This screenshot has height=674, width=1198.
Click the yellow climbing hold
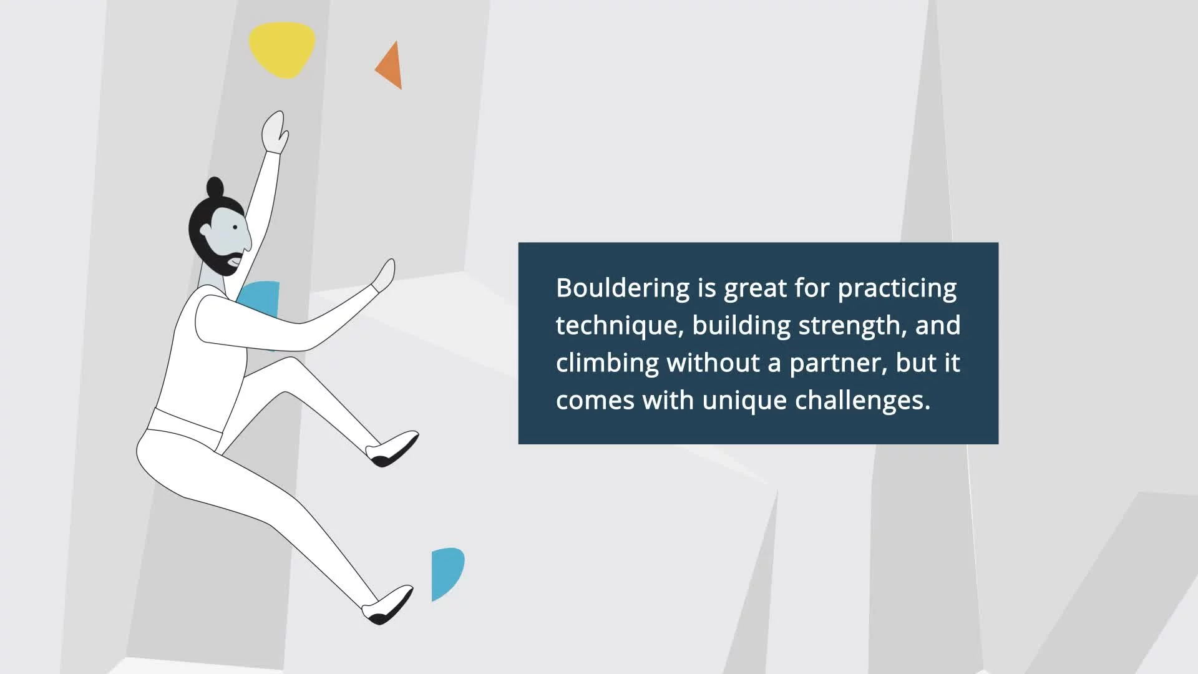(282, 50)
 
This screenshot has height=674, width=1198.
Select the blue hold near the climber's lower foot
(446, 574)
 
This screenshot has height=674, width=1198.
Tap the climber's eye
(235, 227)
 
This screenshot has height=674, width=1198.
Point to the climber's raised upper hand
(275, 132)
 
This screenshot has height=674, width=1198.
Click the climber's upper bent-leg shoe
(392, 449)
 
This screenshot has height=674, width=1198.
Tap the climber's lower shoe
(388, 605)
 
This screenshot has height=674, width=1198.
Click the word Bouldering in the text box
(623, 289)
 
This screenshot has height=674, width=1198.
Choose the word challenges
(862, 401)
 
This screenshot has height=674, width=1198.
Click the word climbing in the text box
(607, 364)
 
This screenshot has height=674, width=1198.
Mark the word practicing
(897, 289)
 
